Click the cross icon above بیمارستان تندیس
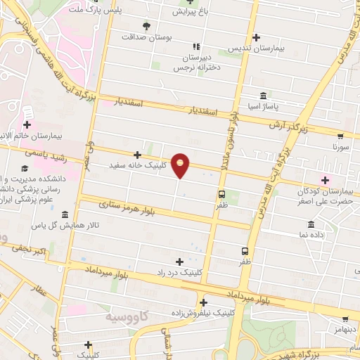[255, 37]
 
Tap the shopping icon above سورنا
[340, 136]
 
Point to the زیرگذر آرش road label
[286, 124]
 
